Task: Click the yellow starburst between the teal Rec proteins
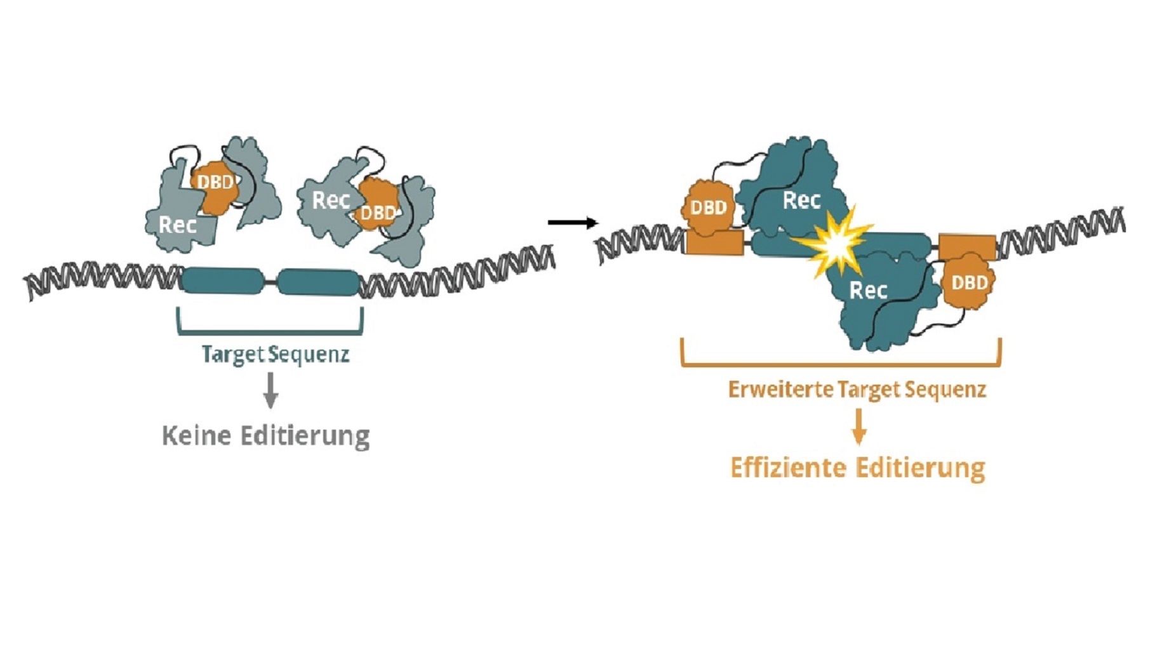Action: (834, 244)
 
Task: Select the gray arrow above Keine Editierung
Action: (270, 390)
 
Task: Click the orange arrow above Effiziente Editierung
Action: (858, 426)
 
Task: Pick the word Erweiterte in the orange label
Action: (780, 389)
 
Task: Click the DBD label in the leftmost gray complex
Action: (215, 183)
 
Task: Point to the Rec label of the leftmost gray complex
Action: (177, 225)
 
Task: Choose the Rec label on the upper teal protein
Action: (801, 201)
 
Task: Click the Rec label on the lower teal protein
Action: (868, 291)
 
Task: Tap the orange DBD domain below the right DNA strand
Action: (968, 282)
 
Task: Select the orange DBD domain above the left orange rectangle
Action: (708, 207)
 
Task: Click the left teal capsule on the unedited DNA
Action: (222, 280)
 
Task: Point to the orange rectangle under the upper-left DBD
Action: (714, 242)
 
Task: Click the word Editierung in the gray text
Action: (305, 436)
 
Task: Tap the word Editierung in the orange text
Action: (920, 468)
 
